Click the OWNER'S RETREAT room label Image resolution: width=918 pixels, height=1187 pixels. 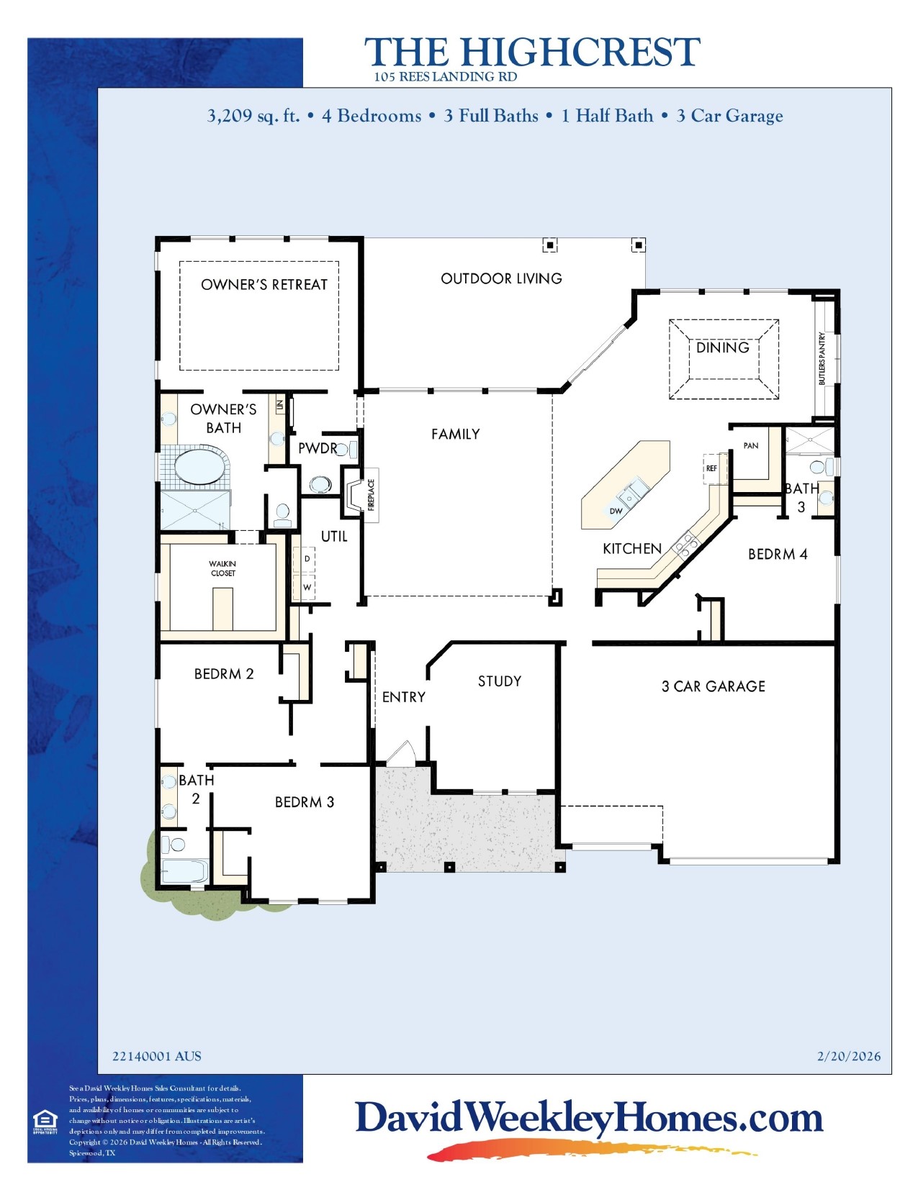[264, 285]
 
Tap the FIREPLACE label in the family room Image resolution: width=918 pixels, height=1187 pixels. [372, 495]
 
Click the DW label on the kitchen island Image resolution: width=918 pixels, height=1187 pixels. [616, 511]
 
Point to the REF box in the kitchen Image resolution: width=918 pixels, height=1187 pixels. [712, 468]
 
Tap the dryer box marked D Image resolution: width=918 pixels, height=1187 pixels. [307, 559]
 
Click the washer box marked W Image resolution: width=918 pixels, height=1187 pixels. [307, 588]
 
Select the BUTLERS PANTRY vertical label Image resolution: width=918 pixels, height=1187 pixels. [822, 358]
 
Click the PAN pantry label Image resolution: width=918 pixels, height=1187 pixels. [750, 446]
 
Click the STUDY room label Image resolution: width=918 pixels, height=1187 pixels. [499, 681]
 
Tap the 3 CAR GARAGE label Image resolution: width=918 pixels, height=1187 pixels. [713, 686]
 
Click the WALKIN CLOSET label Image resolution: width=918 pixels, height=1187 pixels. [222, 568]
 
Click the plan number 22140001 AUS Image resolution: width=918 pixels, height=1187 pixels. [156, 1056]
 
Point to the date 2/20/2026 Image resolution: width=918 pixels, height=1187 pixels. [848, 1056]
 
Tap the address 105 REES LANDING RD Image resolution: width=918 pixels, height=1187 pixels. [445, 77]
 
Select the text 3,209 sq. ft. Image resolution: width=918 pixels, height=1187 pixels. [253, 116]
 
